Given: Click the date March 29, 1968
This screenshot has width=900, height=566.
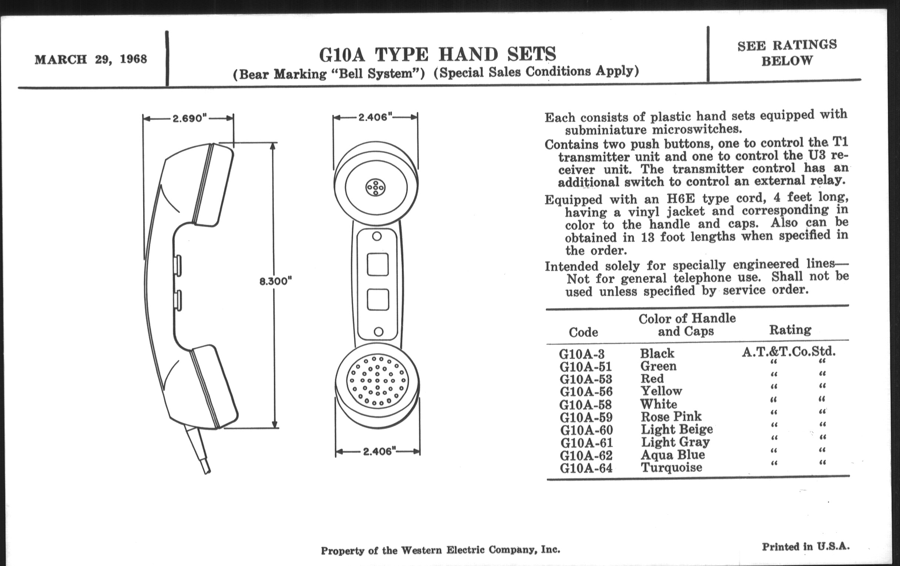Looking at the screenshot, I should (91, 60).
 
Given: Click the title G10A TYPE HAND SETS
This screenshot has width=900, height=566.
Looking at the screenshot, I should (437, 54).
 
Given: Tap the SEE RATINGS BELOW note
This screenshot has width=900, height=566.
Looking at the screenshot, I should (787, 53).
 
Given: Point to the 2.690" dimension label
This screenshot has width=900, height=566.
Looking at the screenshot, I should (189, 118).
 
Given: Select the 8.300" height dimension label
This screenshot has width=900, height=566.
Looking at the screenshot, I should (275, 281).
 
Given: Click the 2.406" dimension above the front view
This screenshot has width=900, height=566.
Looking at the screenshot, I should (375, 117).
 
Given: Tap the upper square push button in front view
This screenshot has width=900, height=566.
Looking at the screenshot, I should (377, 265).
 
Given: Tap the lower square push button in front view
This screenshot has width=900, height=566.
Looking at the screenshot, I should (378, 300).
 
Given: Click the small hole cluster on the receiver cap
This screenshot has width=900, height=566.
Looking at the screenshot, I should (375, 188).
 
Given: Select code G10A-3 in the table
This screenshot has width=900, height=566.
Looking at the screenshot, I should (582, 354).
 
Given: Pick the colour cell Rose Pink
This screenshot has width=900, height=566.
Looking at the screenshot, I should (671, 417).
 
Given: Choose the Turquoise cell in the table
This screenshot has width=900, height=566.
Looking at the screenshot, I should (671, 467).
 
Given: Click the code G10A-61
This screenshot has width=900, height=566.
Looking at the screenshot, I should (587, 443).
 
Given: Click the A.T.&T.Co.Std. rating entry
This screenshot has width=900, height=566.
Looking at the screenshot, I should (789, 351).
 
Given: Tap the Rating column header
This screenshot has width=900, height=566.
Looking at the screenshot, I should (790, 330).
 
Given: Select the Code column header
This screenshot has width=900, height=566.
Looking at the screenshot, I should (583, 332).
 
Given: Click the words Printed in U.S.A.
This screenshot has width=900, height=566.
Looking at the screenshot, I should (805, 547).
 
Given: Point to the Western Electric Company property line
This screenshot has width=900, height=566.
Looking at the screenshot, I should (440, 550).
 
